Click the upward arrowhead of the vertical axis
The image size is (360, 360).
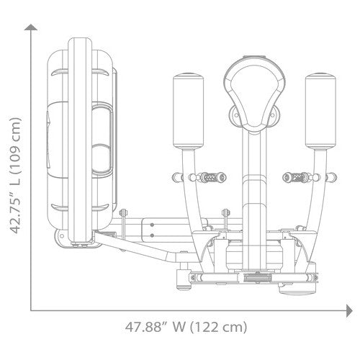pos(31,27)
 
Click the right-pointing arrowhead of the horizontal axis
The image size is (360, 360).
pos(349,310)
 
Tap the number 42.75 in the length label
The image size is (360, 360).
pos(15,210)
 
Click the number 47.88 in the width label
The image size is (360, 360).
pos(144,327)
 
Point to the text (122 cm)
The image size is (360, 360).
pos(218,327)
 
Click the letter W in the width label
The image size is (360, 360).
pos(179,327)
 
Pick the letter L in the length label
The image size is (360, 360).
pos(16,180)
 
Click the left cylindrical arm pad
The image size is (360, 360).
pos(189,111)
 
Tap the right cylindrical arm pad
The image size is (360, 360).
pos(320,111)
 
